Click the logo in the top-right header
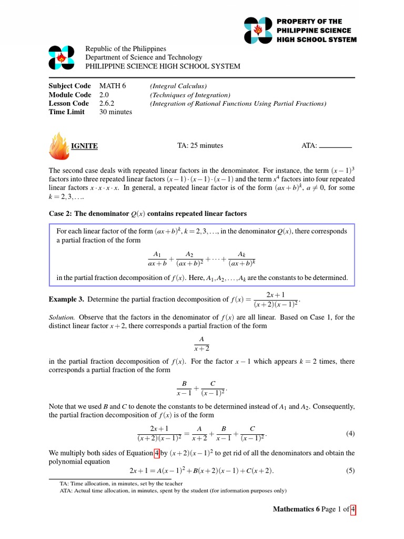[258, 31]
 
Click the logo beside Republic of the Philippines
[63, 57]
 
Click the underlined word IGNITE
[85, 146]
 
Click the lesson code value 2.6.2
[108, 103]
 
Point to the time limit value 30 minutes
[116, 112]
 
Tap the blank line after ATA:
[336, 147]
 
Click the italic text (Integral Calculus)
[178, 86]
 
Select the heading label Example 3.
[66, 299]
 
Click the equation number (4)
[350, 434]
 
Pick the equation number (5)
[350, 471]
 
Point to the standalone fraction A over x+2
[202, 343]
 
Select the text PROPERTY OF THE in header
[310, 22]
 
